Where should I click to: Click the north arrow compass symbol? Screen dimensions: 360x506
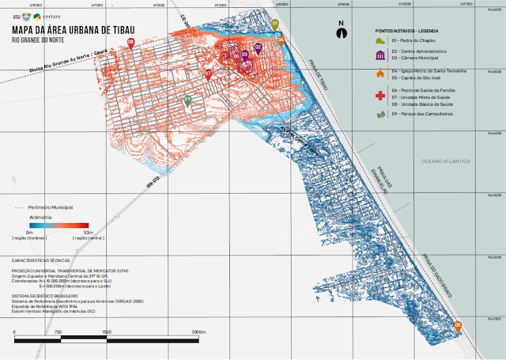coord(341,32)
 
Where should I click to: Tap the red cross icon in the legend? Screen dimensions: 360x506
coord(381,96)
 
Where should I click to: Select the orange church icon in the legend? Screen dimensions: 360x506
coord(381,74)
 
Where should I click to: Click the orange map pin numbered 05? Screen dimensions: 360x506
coord(458,324)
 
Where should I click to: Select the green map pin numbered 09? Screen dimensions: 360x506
coord(187,100)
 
